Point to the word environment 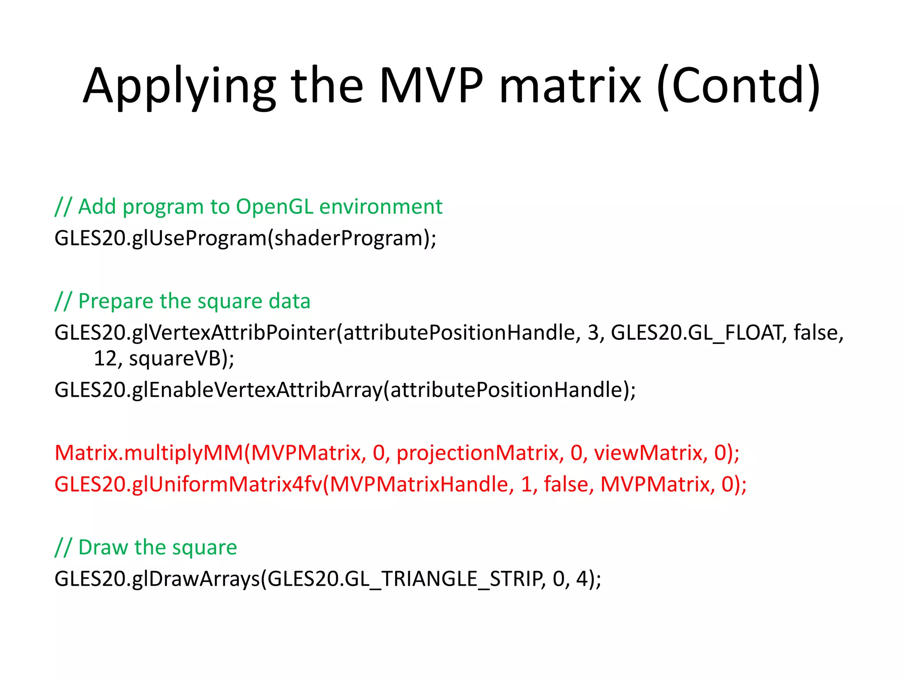[x=380, y=207]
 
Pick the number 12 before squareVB [x=105, y=358]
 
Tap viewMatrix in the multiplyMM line [x=648, y=453]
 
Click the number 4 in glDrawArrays [x=581, y=579]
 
